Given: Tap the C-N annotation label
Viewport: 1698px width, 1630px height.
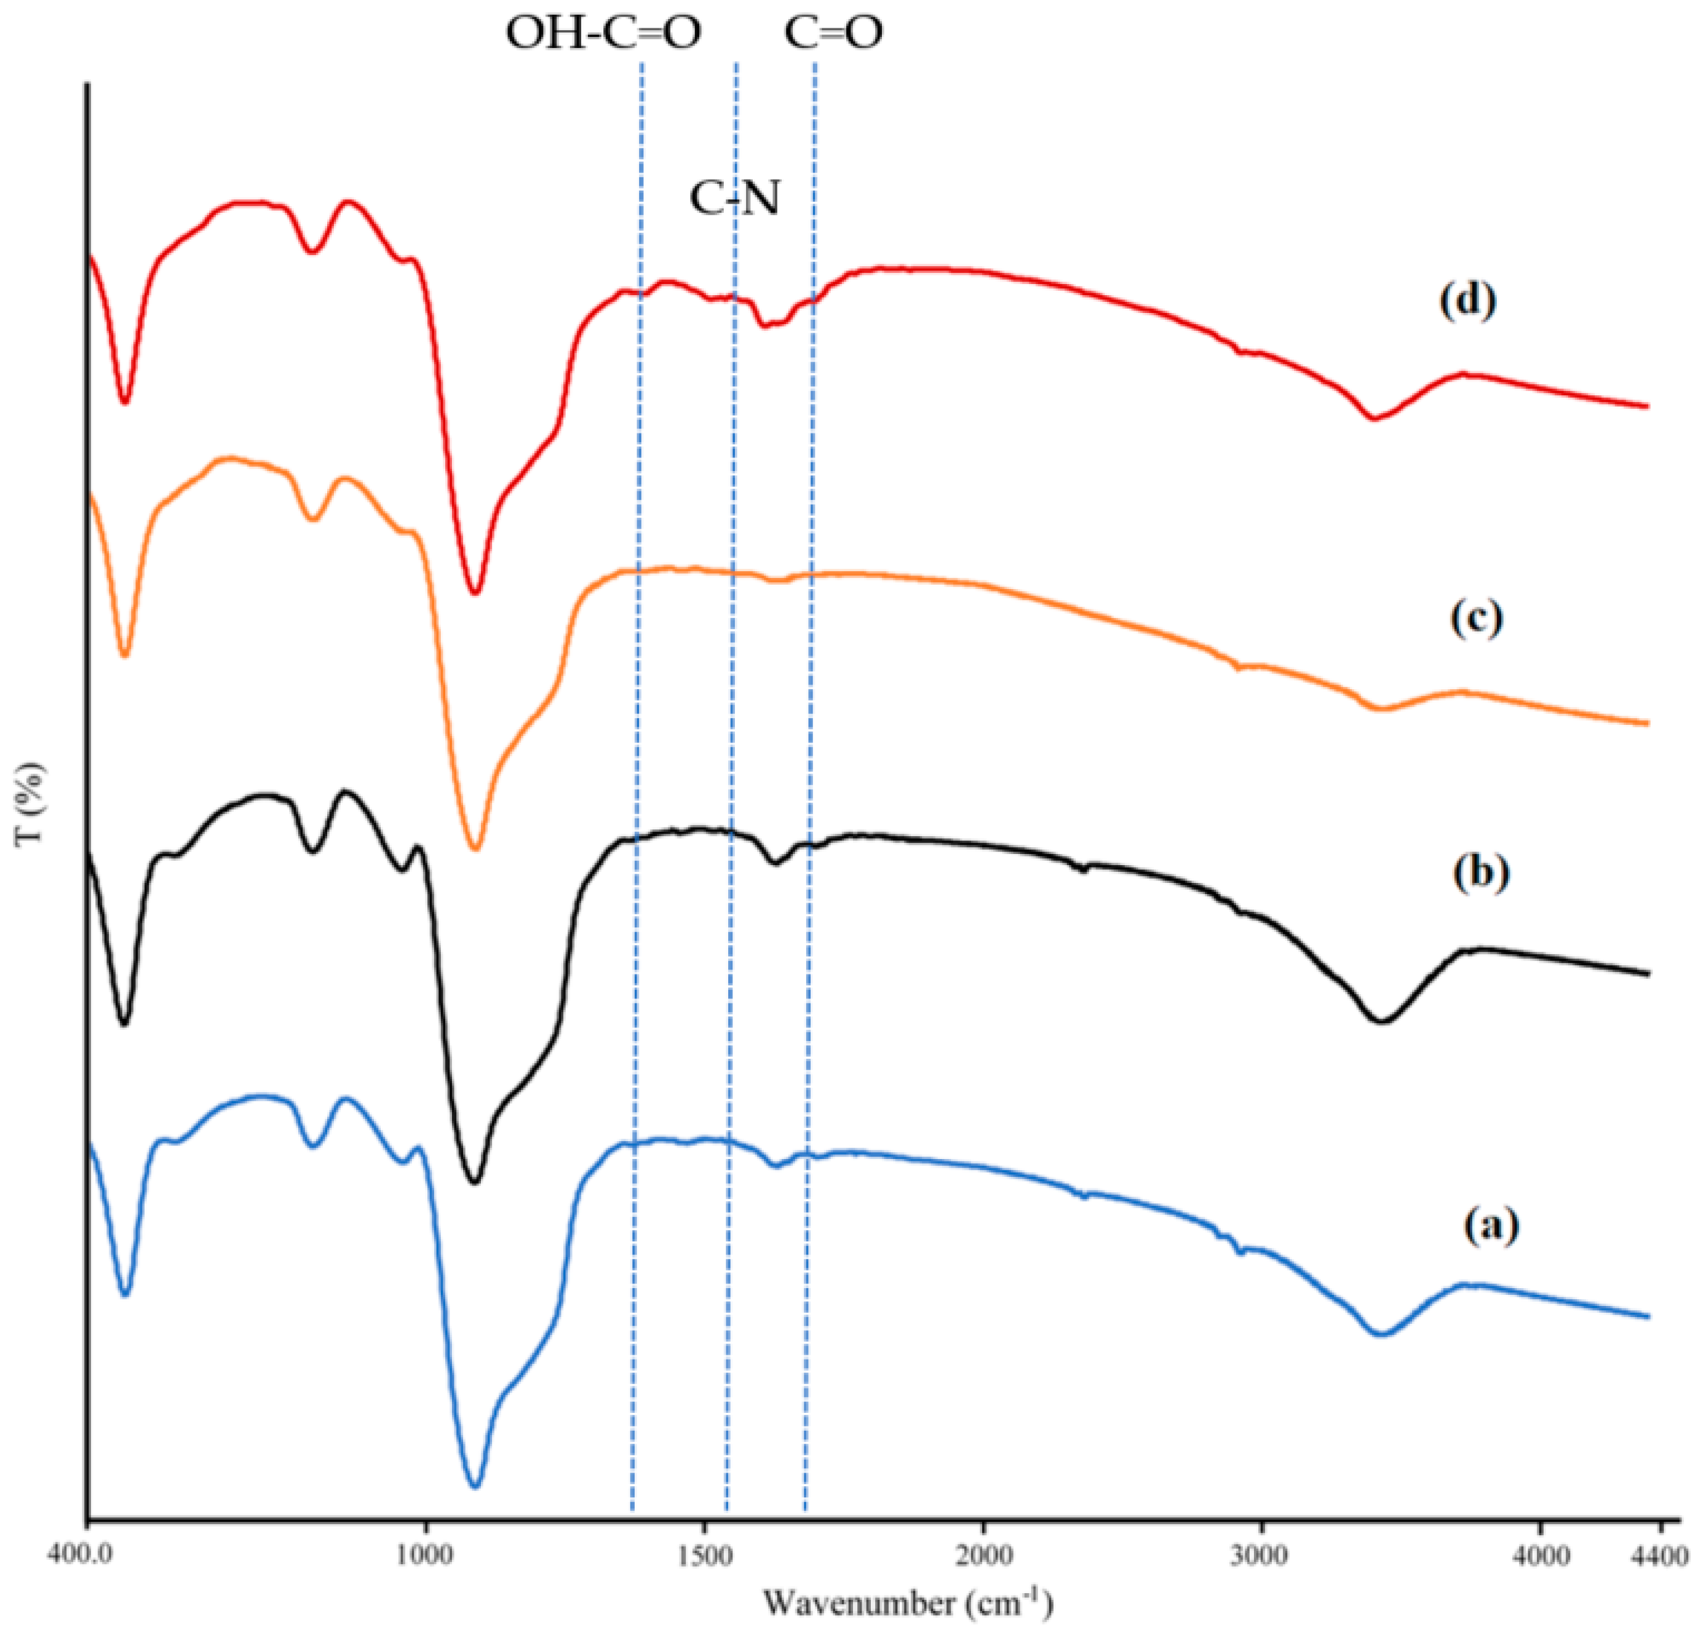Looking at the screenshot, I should tap(735, 199).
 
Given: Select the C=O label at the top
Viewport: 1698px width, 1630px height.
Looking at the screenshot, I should tap(833, 34).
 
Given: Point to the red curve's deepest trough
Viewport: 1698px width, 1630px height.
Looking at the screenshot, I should tap(475, 592).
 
